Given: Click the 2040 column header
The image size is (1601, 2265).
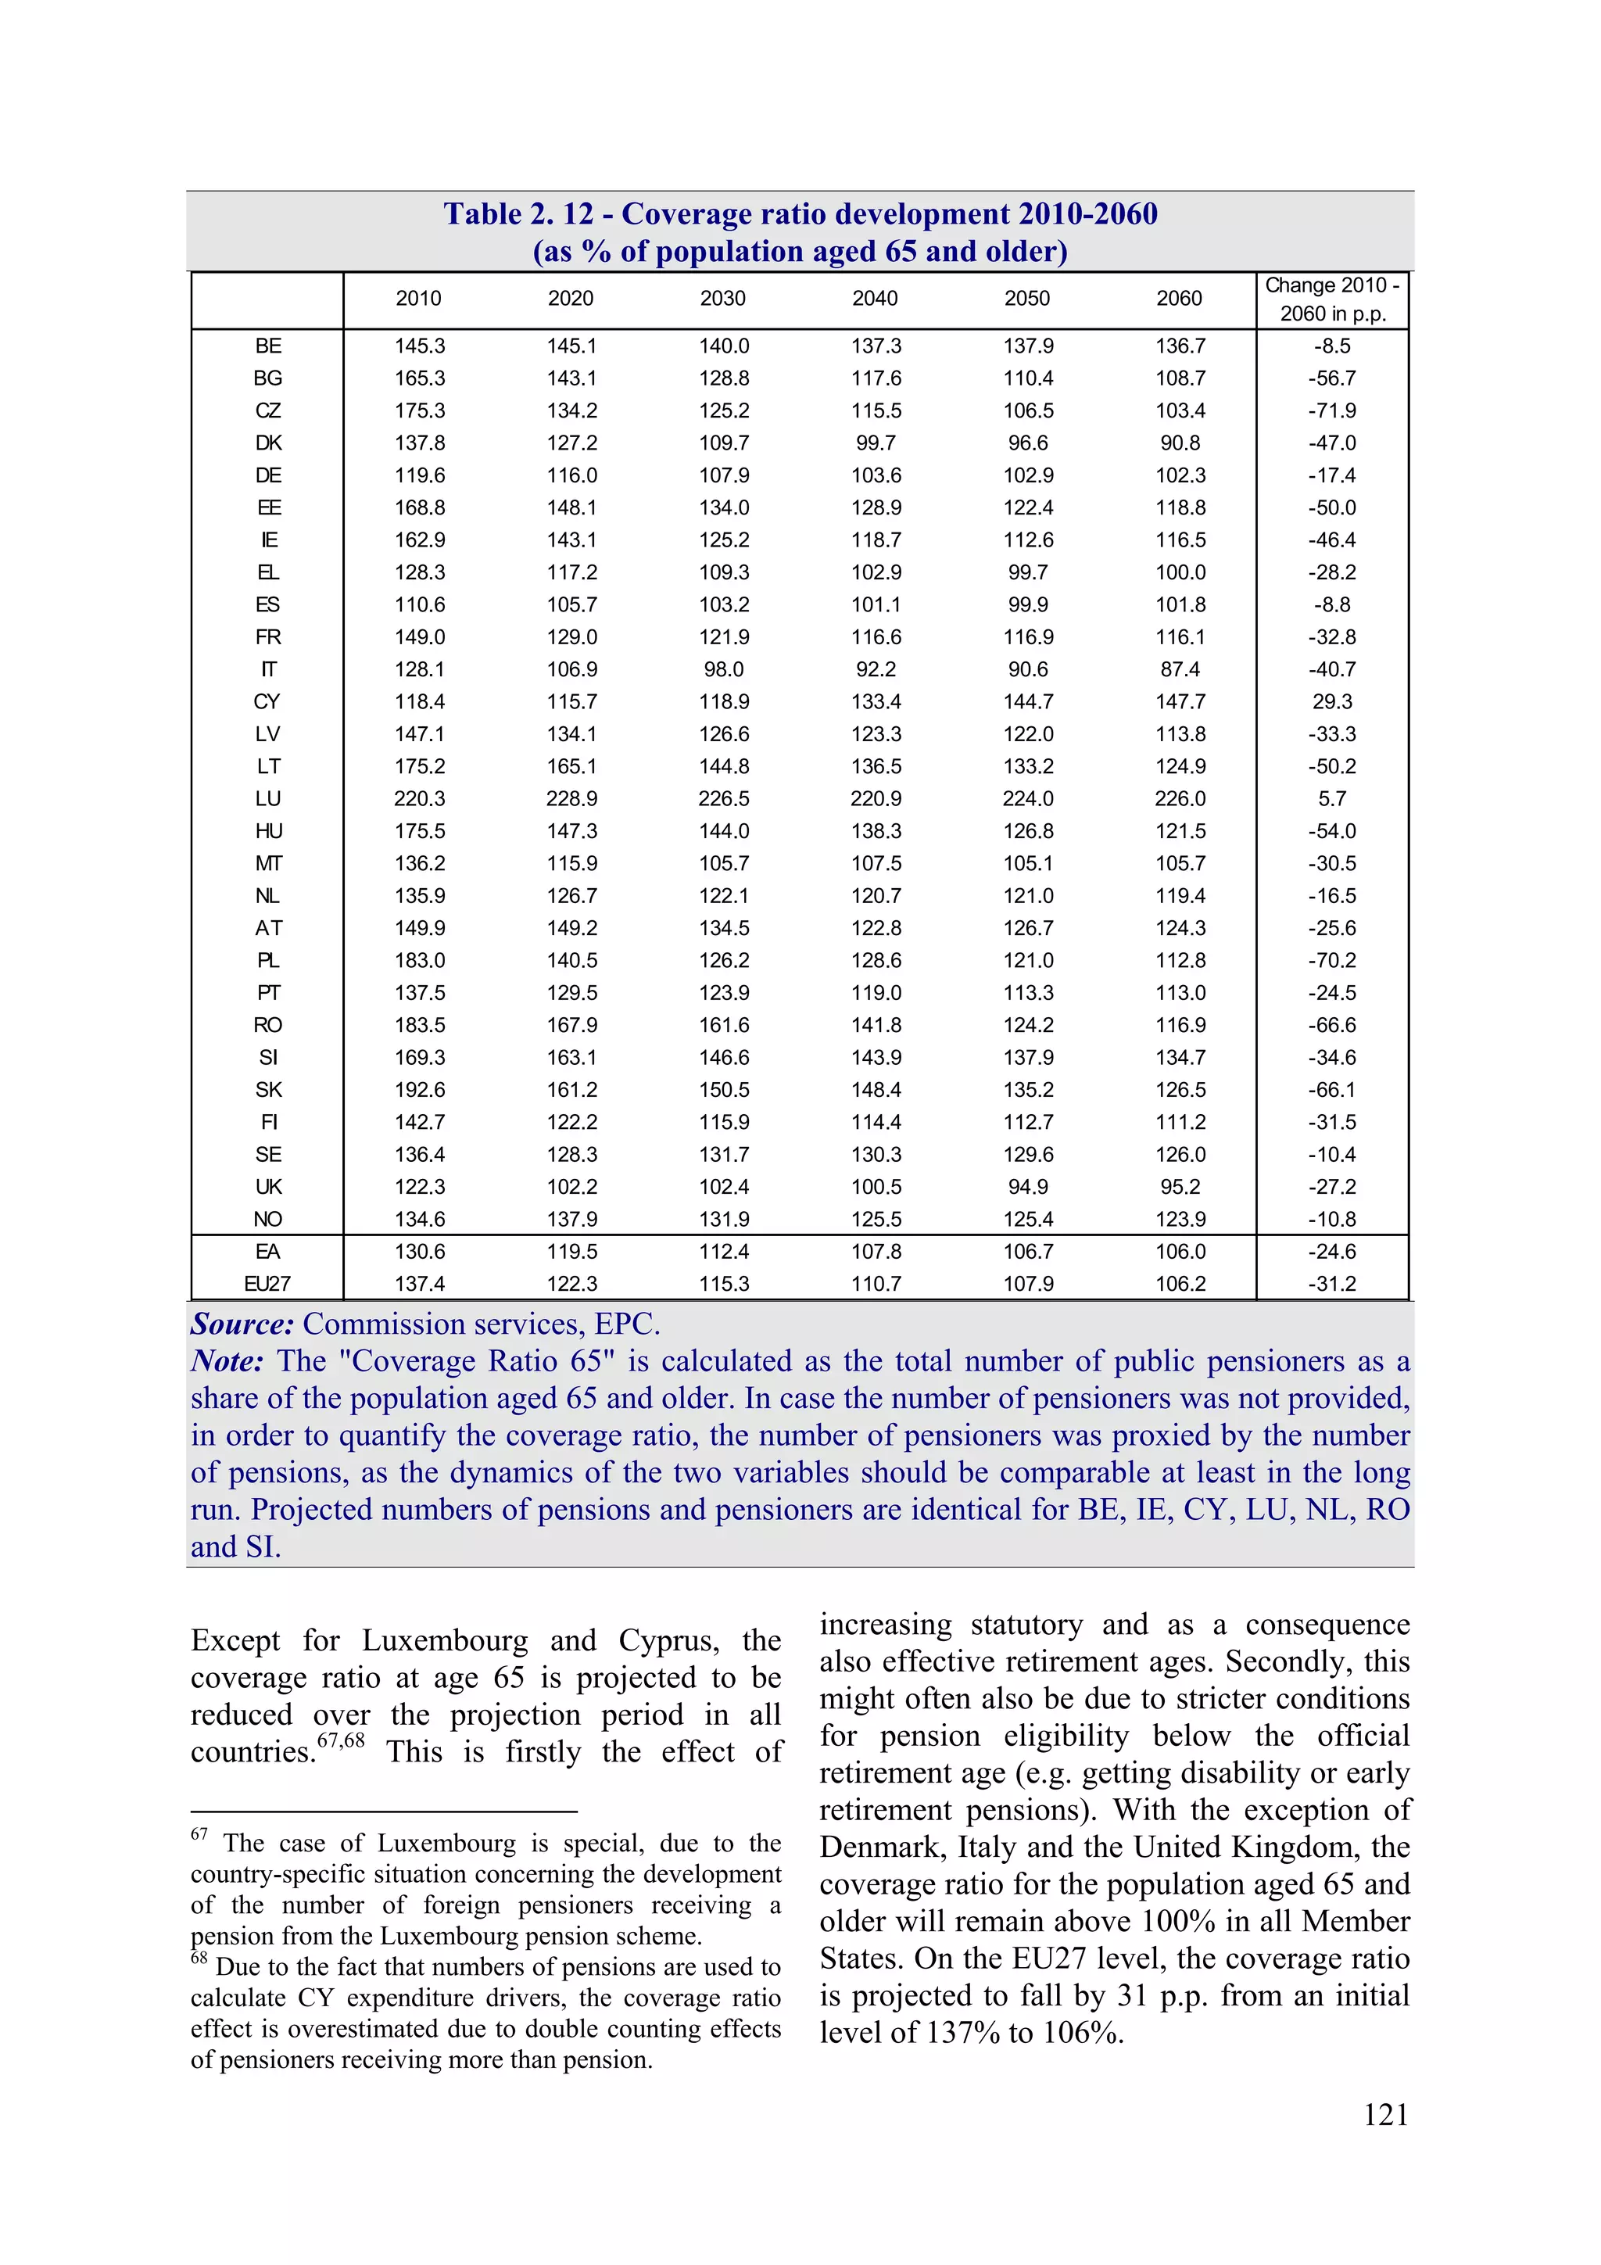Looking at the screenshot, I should tap(874, 298).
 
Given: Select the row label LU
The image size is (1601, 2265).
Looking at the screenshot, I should tap(267, 798).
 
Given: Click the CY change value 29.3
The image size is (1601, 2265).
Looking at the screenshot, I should tap(1332, 701).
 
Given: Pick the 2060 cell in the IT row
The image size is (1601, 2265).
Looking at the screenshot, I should tap(1180, 668).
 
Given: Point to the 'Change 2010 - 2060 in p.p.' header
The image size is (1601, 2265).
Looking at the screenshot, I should tap(1332, 299).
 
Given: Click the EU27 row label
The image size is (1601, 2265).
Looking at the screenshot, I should tap(267, 1284).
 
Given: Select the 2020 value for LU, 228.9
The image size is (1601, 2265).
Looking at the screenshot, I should tap(572, 798).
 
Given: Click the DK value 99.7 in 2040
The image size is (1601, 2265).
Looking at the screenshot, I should tap(875, 443).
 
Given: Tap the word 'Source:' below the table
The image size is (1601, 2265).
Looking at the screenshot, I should tap(242, 1324).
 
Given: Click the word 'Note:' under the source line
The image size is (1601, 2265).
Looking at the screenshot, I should tap(227, 1361).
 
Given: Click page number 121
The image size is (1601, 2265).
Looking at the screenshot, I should tap(1385, 2114).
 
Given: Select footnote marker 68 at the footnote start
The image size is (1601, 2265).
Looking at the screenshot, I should tap(199, 1957).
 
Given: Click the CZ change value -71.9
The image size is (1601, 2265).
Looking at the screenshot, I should tap(1332, 410).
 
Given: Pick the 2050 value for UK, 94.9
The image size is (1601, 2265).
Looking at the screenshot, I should tap(1028, 1187).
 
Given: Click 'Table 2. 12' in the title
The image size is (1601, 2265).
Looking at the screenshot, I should tap(519, 214).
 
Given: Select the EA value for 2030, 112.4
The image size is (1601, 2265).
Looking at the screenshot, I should tap(724, 1251).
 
